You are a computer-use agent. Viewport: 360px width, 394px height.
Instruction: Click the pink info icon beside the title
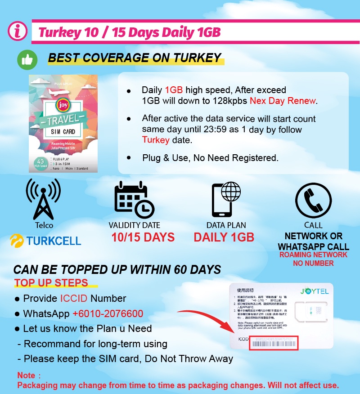click(x=17, y=31)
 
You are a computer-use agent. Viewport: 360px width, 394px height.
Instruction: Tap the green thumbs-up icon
click(x=27, y=60)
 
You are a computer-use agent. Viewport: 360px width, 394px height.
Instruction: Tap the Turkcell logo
click(x=45, y=241)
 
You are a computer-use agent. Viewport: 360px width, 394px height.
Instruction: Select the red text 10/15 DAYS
click(x=143, y=237)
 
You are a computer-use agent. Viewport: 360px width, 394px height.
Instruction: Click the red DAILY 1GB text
click(x=224, y=237)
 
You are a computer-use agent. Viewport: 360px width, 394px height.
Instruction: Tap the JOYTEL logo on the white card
click(x=315, y=291)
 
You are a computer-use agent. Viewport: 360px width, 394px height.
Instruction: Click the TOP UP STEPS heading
click(x=51, y=283)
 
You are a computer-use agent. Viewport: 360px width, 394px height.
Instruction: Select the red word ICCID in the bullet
click(x=74, y=299)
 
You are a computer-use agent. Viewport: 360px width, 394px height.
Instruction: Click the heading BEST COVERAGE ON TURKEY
click(x=135, y=58)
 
